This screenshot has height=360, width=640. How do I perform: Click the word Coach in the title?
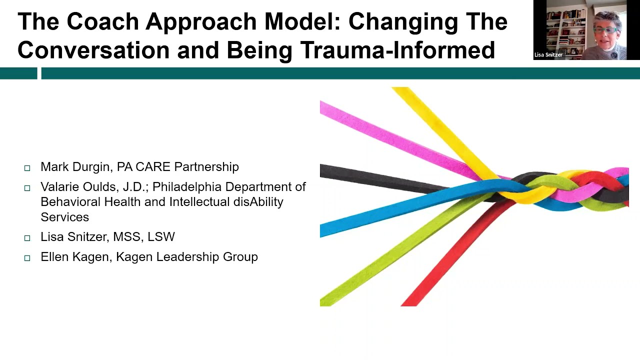coord(102,21)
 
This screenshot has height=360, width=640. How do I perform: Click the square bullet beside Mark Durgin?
coord(27,168)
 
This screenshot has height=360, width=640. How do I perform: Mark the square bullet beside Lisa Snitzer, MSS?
coord(27,238)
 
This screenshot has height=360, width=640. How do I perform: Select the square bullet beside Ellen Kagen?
coord(27,258)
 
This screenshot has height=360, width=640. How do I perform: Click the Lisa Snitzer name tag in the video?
coord(548,55)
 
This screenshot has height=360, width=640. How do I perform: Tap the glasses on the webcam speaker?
coord(606,30)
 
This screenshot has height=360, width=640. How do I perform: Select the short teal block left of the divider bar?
coord(18,73)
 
